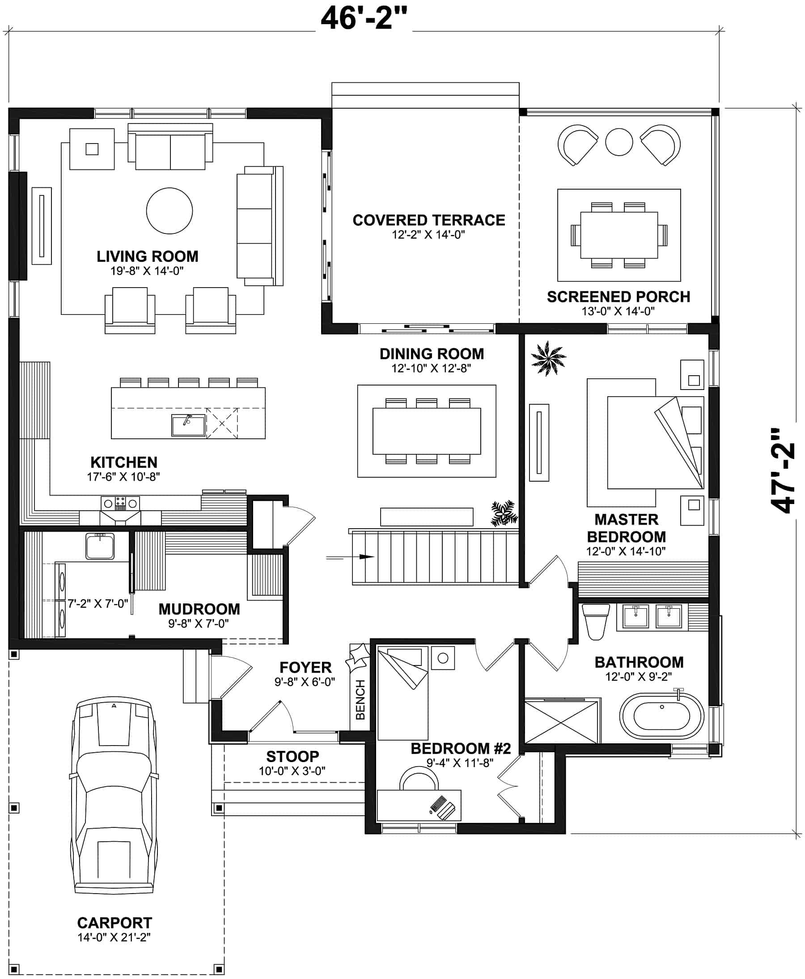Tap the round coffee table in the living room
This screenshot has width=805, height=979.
[x=169, y=211]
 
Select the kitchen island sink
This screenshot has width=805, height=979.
[x=188, y=425]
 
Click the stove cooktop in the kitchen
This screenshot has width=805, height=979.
[x=121, y=503]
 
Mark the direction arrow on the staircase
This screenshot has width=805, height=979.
[x=366, y=556]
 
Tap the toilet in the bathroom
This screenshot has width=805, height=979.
[x=595, y=622]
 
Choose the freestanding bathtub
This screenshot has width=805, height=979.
[x=662, y=716]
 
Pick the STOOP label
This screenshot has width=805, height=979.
[x=292, y=756]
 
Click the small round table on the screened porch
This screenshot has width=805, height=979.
[x=619, y=142]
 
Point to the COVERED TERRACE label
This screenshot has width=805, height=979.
[x=428, y=220]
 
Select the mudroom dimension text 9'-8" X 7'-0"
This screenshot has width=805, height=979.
[x=199, y=624]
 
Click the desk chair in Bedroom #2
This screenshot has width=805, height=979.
[x=419, y=779]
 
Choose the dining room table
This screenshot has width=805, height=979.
[x=427, y=431]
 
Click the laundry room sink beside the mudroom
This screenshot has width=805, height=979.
[x=100, y=546]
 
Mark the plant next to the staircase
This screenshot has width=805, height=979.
[x=504, y=513]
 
